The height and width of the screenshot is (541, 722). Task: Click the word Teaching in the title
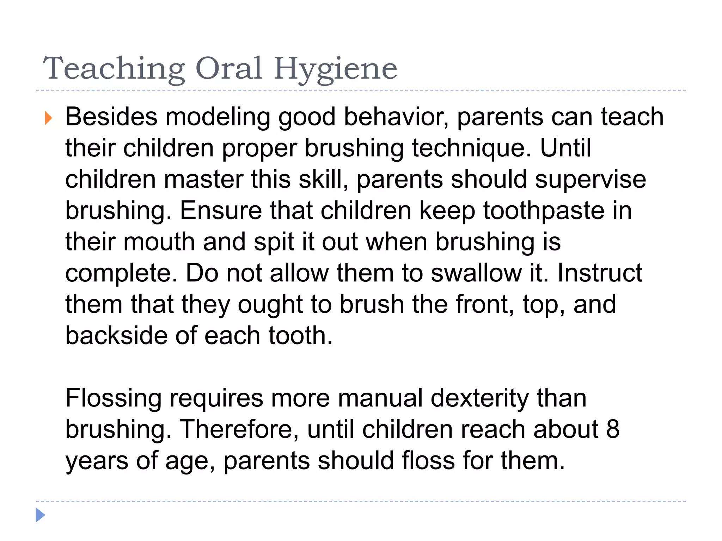[114, 69]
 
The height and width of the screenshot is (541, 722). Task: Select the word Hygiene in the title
[335, 69]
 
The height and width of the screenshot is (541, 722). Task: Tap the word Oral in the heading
[229, 68]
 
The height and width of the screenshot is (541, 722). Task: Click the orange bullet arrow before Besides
[48, 118]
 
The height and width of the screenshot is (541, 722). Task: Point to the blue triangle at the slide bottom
[41, 515]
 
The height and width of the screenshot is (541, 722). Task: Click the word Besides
[111, 117]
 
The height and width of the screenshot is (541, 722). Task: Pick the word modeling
[218, 118]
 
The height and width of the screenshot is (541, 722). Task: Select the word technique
[471, 149]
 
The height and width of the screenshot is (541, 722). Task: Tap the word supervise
[591, 180]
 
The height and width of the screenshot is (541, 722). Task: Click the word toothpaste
[544, 211]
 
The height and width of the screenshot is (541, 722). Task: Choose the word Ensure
[221, 211]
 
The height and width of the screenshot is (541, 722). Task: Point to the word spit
[274, 243]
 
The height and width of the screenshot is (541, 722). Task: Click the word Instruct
[600, 273]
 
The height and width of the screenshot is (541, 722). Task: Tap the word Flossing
[113, 399]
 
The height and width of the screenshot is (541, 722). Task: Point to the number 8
[613, 430]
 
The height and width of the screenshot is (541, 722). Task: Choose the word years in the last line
[97, 461]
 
